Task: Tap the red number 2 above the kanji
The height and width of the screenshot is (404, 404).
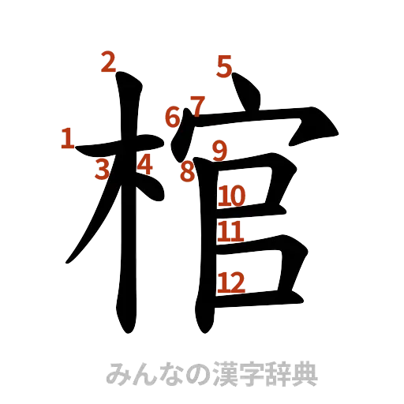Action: pyautogui.click(x=110, y=62)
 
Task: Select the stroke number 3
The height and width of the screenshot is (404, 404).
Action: pyautogui.click(x=103, y=168)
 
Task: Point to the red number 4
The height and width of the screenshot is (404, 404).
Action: pyautogui.click(x=144, y=164)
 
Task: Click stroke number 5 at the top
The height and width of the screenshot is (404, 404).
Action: pyautogui.click(x=225, y=68)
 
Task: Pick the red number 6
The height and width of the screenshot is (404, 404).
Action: pyautogui.click(x=172, y=117)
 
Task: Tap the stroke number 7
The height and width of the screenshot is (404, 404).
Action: pyautogui.click(x=196, y=104)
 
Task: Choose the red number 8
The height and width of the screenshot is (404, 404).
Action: pyautogui.click(x=186, y=172)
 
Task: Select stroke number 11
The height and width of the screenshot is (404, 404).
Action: pyautogui.click(x=231, y=231)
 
